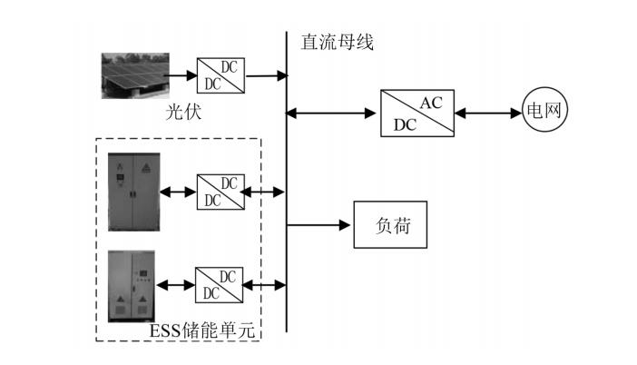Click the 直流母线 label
337,42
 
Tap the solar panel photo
134,75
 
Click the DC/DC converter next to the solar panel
219,75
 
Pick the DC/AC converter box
415,113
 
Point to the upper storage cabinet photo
132,192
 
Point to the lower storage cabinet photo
132,286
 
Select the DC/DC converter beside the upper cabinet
219,192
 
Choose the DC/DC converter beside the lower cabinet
219,285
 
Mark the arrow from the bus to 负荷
318,225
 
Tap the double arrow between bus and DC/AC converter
332,113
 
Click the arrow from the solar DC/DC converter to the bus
263,75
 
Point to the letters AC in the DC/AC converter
431,103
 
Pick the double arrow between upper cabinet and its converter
177,192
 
